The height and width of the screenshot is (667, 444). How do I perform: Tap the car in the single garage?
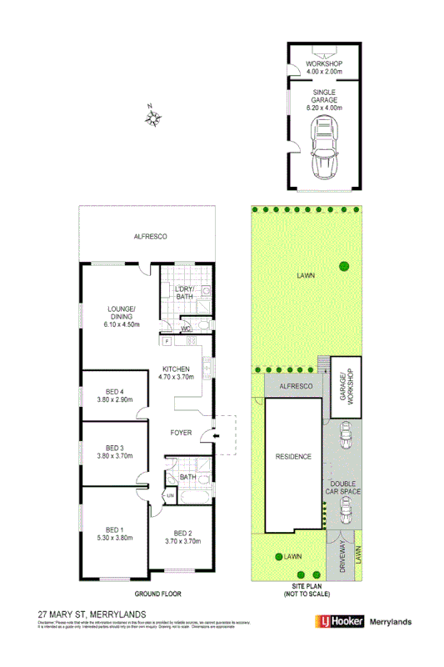(324, 148)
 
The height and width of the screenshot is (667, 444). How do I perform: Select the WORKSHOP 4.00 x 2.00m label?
(325, 68)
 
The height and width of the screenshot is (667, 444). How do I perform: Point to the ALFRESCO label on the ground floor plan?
(151, 237)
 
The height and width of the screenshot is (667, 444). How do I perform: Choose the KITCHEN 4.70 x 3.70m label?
(177, 373)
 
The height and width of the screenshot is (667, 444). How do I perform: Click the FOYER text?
(181, 433)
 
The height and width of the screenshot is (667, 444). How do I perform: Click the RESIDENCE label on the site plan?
(293, 456)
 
